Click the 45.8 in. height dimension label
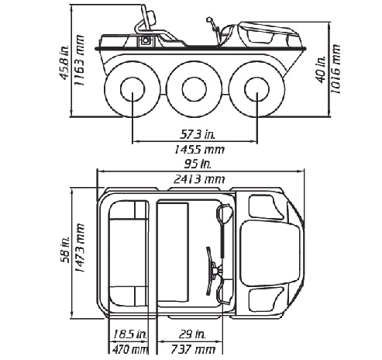[64, 62]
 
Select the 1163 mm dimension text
[79, 61]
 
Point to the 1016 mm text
[336, 69]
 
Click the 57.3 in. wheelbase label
[198, 134]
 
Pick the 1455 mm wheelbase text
[199, 150]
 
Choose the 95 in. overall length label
[198, 164]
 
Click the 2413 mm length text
[199, 179]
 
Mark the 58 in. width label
[65, 250]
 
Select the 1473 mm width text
[79, 247]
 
